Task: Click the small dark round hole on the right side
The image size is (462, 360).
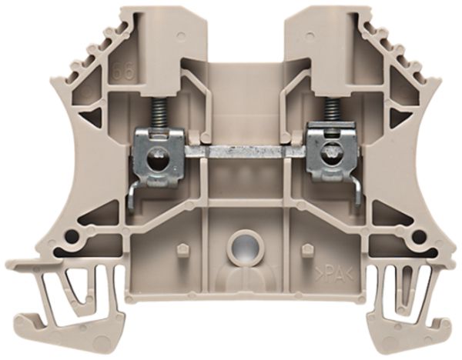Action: click(x=420, y=235)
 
